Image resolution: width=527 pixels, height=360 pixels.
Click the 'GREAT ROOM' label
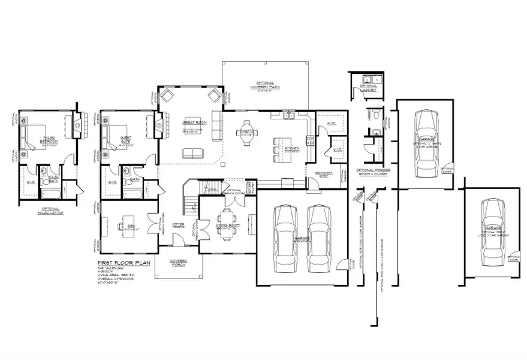pos(191,122)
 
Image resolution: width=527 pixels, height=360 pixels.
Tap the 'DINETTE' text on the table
pos(245,131)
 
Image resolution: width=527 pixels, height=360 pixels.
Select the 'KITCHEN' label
pos(291,148)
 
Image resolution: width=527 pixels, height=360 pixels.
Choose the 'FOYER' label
pos(178,224)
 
